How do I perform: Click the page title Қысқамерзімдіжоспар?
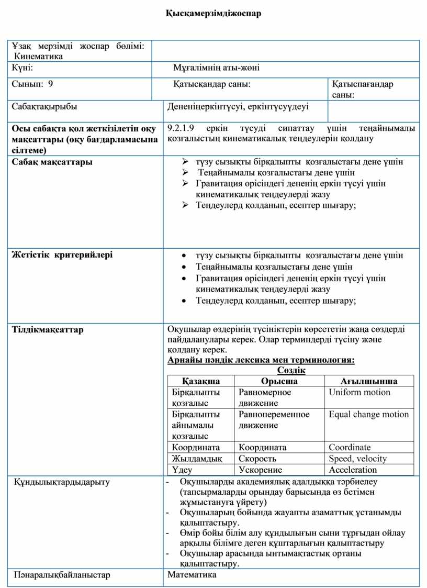click(x=213, y=14)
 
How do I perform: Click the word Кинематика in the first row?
click(x=39, y=56)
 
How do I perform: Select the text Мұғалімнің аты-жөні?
click(x=216, y=68)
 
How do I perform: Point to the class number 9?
click(x=50, y=84)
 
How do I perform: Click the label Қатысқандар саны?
click(x=211, y=84)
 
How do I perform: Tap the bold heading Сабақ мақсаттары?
click(x=52, y=162)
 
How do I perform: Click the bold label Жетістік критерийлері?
click(x=62, y=255)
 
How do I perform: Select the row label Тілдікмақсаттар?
click(x=48, y=329)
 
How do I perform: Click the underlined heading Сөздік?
click(x=291, y=370)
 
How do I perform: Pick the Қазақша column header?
click(x=201, y=381)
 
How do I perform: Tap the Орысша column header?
click(x=279, y=381)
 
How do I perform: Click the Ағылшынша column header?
click(x=369, y=381)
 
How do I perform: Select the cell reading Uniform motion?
click(x=359, y=392)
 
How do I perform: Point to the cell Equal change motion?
click(x=369, y=414)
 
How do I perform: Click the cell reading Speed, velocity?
click(x=358, y=459)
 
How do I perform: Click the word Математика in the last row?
click(x=192, y=575)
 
